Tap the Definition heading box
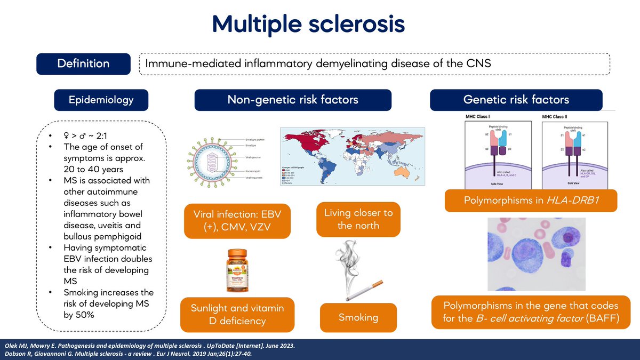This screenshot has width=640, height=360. [83, 64]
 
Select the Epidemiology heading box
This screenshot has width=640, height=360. [101, 100]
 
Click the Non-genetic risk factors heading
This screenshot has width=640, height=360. [293, 100]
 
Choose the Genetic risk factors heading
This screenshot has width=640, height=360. [516, 100]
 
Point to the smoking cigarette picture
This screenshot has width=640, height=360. [356, 273]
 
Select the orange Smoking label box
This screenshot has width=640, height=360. [358, 318]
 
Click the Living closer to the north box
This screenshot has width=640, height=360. [358, 219]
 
